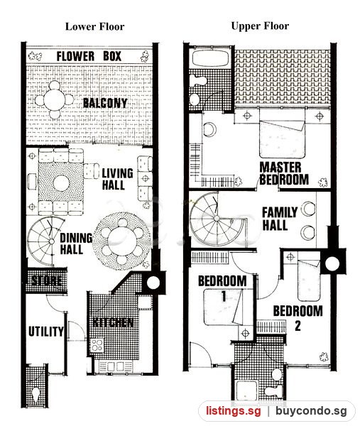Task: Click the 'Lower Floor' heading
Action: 95,27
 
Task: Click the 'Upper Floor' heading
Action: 260,26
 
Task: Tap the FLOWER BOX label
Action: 89,56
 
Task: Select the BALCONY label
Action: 105,103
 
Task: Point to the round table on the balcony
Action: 55,99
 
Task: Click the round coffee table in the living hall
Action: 61,183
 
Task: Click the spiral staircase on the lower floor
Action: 43,241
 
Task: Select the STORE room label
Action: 46,280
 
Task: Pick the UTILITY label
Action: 46,332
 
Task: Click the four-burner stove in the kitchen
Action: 97,345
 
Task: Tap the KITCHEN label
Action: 113,322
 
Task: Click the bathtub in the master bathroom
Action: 211,58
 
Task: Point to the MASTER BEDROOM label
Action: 284,174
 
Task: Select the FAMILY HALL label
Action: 280,219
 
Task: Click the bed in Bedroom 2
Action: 309,280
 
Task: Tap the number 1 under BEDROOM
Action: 224,296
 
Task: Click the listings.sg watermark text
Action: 234,411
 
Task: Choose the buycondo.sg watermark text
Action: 312,411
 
